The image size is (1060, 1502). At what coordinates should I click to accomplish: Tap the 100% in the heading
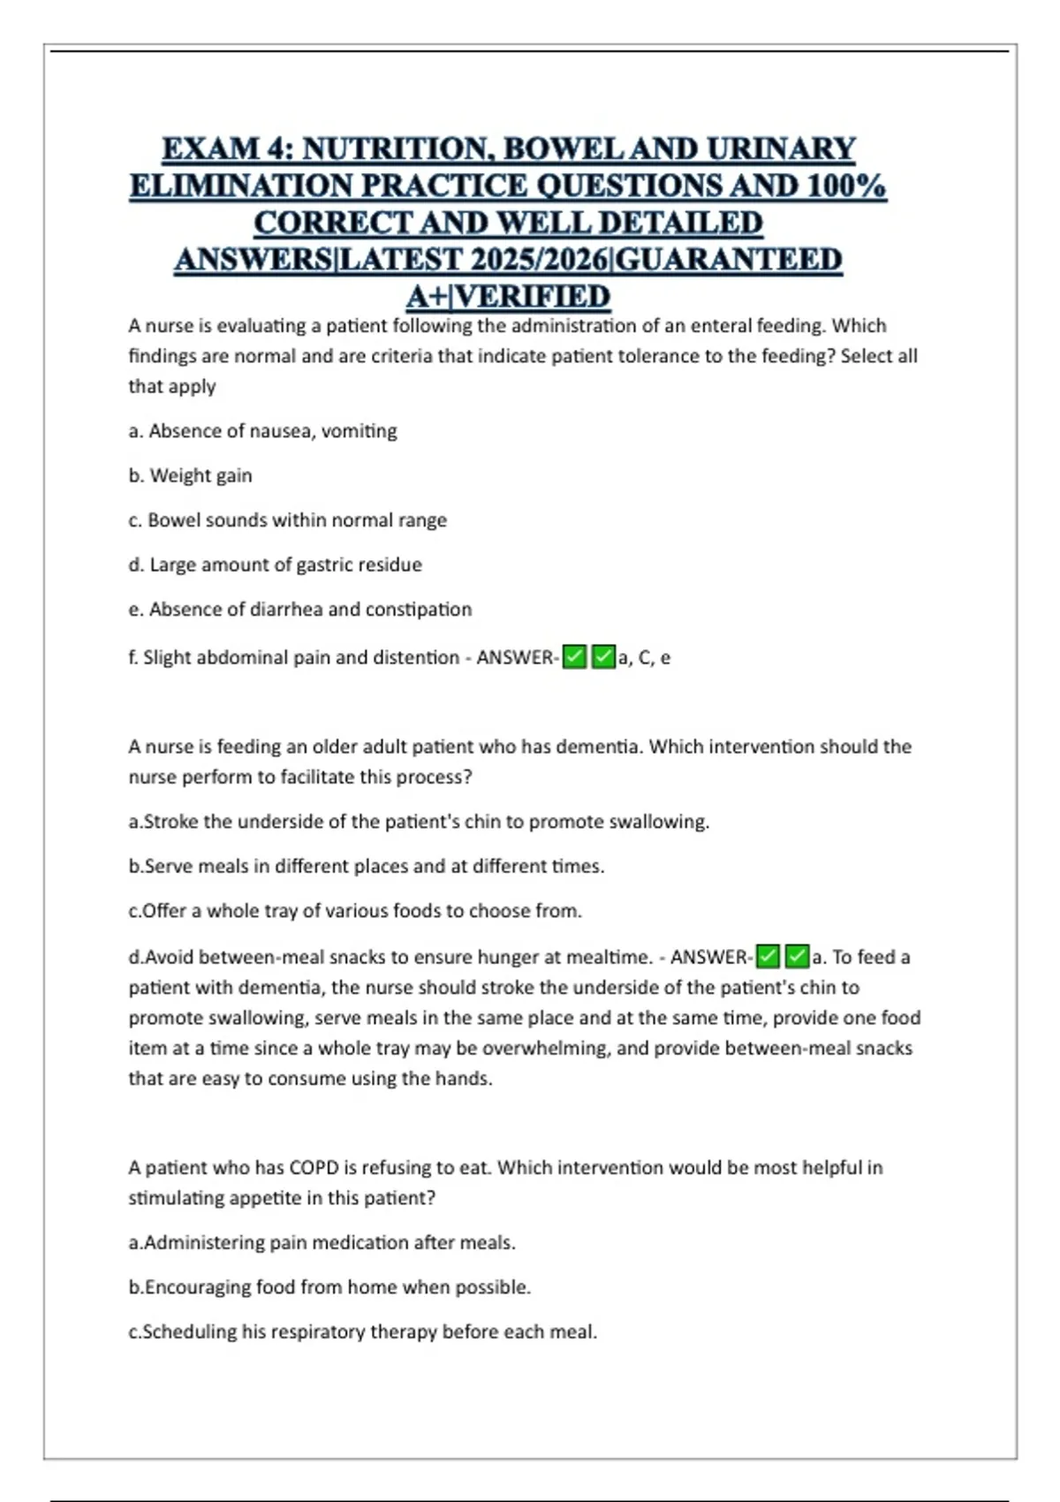pyautogui.click(x=845, y=186)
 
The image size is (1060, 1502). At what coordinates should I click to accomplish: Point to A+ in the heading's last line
pyautogui.click(x=427, y=296)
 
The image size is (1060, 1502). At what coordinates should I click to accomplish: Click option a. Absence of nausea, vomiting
pyautogui.click(x=262, y=431)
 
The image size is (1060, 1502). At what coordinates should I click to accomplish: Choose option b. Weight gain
pyautogui.click(x=190, y=475)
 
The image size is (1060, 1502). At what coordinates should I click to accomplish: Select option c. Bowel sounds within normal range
pyautogui.click(x=287, y=520)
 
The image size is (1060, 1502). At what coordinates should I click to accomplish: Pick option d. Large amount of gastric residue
pyautogui.click(x=275, y=565)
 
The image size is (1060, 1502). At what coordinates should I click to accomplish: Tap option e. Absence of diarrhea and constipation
pyautogui.click(x=299, y=610)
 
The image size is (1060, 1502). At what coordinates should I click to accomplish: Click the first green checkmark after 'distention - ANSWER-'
pyautogui.click(x=574, y=657)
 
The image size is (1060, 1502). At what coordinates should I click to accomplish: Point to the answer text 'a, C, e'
pyautogui.click(x=644, y=658)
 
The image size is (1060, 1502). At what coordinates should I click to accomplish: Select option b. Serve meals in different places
pyautogui.click(x=366, y=867)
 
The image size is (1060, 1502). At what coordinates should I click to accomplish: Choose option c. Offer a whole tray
pyautogui.click(x=355, y=911)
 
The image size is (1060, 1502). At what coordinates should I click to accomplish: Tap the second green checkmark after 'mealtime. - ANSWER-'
pyautogui.click(x=797, y=957)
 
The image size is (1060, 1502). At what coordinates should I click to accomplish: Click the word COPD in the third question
pyautogui.click(x=314, y=1168)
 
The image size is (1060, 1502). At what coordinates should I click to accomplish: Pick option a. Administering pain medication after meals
pyautogui.click(x=322, y=1243)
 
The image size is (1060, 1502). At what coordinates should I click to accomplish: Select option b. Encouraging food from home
pyautogui.click(x=329, y=1287)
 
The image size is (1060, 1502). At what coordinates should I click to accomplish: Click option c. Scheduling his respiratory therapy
pyautogui.click(x=362, y=1331)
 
